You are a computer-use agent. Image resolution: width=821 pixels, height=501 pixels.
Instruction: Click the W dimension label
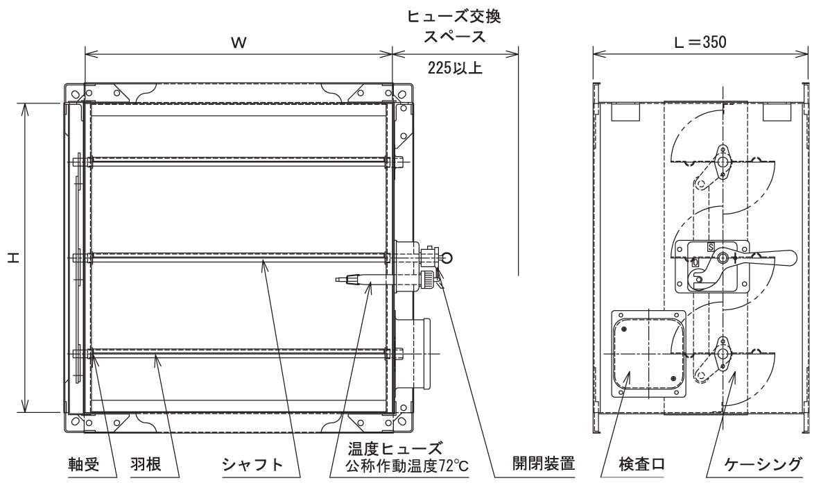point(238,42)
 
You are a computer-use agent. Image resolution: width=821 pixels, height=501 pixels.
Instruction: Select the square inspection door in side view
point(648,353)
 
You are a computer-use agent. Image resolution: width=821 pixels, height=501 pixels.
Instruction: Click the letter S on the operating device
point(711,246)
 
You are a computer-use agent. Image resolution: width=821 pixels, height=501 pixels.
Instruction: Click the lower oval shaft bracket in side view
point(723,353)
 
